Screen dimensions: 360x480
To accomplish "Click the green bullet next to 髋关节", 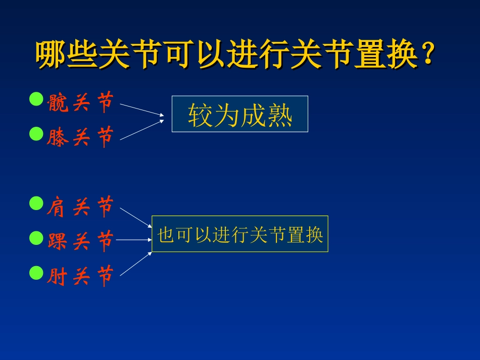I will (x=36, y=99).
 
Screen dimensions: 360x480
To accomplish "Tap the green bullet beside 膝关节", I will (x=36, y=134).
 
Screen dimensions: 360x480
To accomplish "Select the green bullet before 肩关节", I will (x=36, y=203).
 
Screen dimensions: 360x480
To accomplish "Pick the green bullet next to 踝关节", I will (x=36, y=238).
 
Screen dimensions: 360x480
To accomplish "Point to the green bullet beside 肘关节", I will (x=36, y=273).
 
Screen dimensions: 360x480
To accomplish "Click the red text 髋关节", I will (x=80, y=103).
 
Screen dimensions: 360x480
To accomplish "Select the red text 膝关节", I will (x=80, y=137).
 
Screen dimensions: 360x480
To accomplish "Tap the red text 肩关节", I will (x=80, y=207).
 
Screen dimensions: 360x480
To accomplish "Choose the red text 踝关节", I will (x=80, y=241).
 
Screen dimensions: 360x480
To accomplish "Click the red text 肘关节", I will (x=80, y=276).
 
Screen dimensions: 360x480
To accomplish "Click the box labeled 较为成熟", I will (x=239, y=114).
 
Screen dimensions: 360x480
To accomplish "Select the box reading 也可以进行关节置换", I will (x=240, y=234).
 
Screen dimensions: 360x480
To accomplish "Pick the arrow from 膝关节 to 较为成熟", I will (x=141, y=129).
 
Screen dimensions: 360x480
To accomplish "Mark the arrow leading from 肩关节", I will (x=135, y=217).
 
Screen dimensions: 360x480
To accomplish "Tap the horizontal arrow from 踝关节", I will (x=134, y=240).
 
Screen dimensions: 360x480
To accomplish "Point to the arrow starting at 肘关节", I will (x=135, y=264).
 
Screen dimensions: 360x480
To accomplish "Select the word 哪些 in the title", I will (x=67, y=54).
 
